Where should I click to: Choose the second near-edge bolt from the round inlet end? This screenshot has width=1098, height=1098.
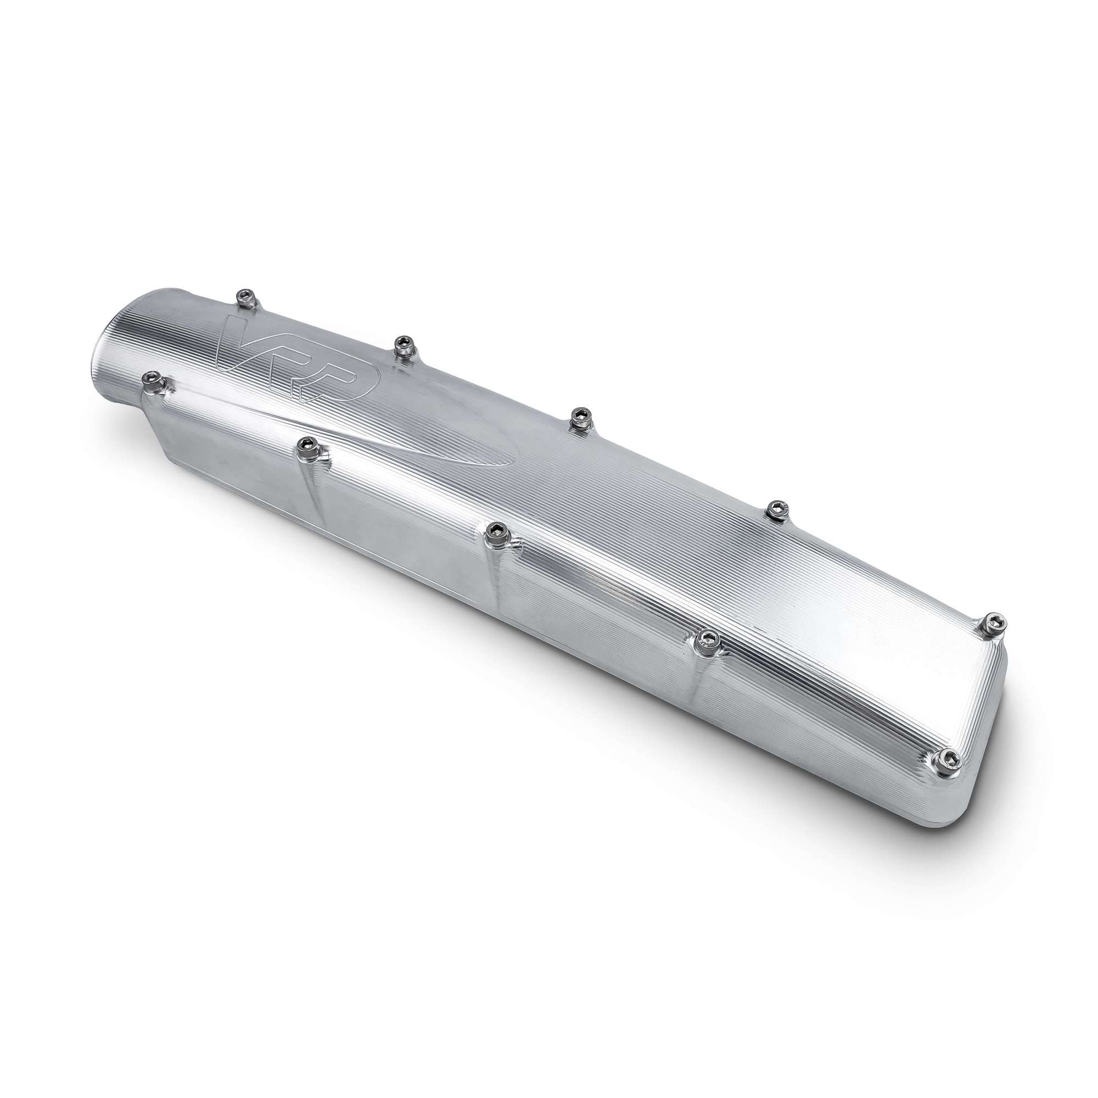click(x=310, y=449)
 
